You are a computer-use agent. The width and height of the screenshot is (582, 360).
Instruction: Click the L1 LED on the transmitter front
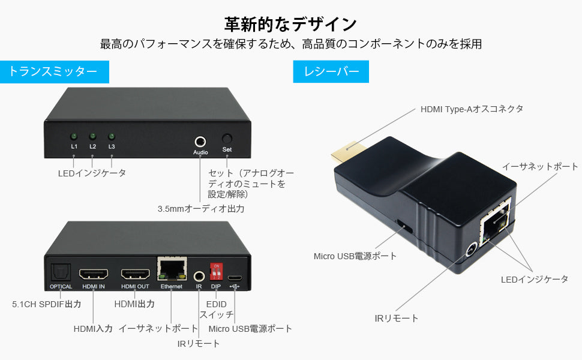click(74, 136)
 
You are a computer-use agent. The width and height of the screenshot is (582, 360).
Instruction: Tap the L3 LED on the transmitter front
click(112, 136)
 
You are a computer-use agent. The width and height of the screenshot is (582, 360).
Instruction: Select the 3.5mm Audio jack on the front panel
click(200, 142)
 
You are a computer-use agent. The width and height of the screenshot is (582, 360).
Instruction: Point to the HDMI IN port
click(94, 274)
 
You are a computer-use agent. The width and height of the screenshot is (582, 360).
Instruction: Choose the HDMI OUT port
click(136, 274)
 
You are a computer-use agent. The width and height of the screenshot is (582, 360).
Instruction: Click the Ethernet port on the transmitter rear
click(172, 269)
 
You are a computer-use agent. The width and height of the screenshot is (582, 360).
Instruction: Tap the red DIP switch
click(216, 271)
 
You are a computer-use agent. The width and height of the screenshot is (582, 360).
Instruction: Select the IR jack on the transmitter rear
click(199, 276)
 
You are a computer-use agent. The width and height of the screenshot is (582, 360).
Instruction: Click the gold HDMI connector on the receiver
click(347, 152)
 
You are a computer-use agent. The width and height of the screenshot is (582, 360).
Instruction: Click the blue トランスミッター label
click(55, 71)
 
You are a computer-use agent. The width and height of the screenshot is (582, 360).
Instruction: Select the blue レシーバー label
click(331, 71)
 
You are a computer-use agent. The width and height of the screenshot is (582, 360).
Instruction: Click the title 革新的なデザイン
click(290, 25)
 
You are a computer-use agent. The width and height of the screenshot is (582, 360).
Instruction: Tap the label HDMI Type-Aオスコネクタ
click(472, 109)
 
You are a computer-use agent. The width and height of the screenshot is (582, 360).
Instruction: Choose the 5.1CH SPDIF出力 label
click(47, 304)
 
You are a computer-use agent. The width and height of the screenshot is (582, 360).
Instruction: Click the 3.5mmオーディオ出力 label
click(201, 209)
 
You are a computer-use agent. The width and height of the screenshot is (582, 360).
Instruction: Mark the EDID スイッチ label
click(217, 310)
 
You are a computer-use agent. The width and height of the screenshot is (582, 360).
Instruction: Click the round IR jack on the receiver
click(472, 250)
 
